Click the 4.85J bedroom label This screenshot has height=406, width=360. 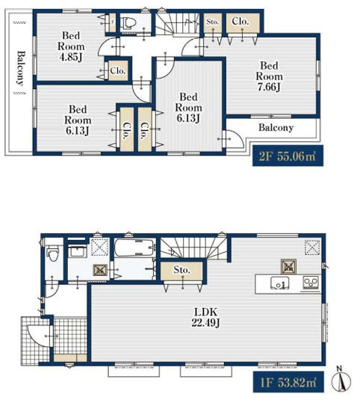click(x=71, y=46)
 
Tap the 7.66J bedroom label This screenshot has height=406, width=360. click(x=269, y=76)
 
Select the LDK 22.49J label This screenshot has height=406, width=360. click(x=206, y=317)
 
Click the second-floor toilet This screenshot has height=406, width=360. click(x=128, y=23)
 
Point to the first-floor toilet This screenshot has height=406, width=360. click(x=54, y=253)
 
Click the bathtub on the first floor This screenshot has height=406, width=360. click(x=134, y=247)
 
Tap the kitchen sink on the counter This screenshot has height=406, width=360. click(x=279, y=284)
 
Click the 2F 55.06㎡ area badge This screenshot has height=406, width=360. click(x=288, y=156)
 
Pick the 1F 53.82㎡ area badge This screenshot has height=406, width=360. click(x=288, y=382)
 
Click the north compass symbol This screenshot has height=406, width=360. click(x=341, y=378)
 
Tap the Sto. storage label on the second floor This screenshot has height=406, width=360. click(x=213, y=22)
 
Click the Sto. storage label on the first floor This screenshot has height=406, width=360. click(x=181, y=269)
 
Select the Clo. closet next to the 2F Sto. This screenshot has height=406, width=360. click(x=240, y=21)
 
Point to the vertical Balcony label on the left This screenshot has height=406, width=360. click(x=21, y=68)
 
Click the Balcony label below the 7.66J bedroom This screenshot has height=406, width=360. click(x=276, y=127)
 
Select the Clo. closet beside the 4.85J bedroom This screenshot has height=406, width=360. click(x=118, y=70)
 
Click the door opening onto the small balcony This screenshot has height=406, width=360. click(x=235, y=139)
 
